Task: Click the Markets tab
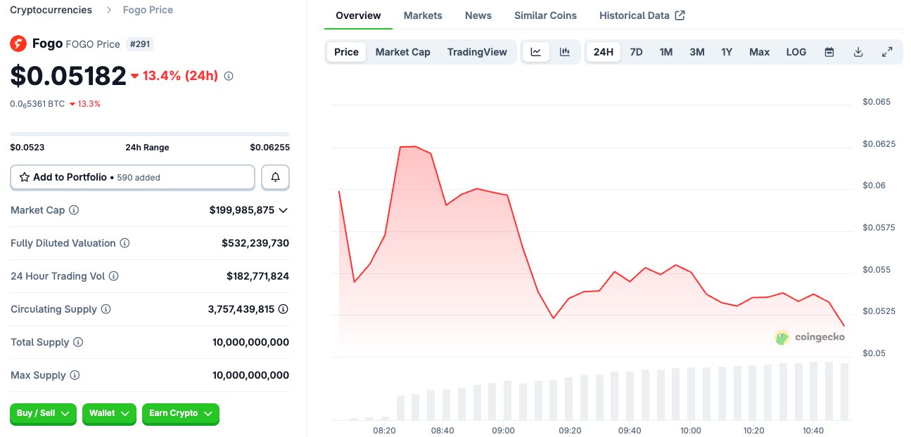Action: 423,15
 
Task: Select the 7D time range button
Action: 636,52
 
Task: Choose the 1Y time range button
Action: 727,52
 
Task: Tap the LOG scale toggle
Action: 796,52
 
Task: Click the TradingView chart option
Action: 477,52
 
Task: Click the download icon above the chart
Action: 858,52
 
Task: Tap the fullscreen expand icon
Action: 887,52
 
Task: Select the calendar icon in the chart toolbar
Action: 829,52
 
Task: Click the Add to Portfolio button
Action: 132,178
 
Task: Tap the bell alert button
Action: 275,178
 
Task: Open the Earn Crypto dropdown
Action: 181,414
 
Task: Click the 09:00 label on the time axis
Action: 503,431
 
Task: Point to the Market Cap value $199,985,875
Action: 241,210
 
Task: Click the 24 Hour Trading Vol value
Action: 257,276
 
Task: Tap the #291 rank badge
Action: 141,44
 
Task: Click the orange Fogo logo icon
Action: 18,44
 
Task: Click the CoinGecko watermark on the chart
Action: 810,337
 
